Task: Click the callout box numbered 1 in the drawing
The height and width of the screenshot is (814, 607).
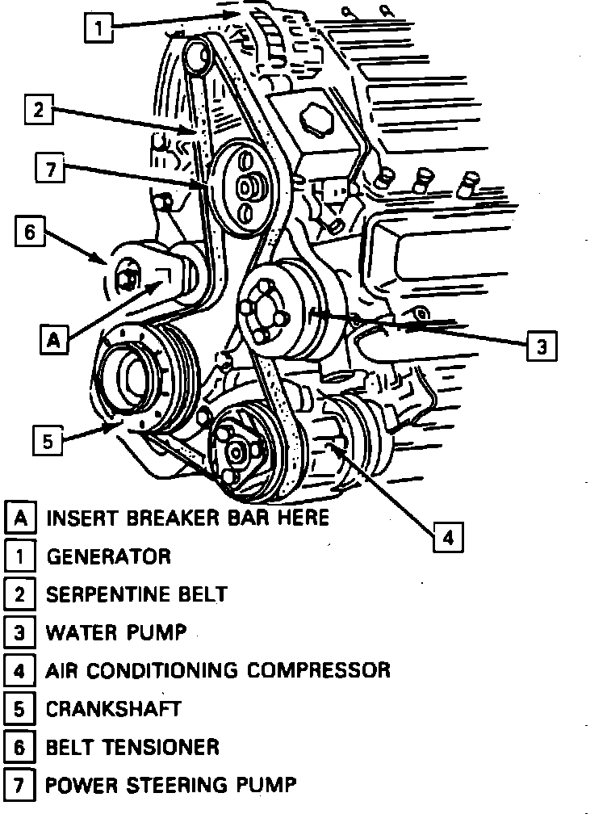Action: pyautogui.click(x=98, y=29)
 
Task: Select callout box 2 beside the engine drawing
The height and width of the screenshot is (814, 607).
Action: pyautogui.click(x=38, y=111)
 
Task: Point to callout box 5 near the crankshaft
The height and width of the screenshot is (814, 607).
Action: pyautogui.click(x=48, y=442)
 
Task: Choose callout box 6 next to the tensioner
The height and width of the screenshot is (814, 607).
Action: pyautogui.click(x=29, y=233)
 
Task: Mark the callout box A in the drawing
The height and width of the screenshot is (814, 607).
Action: pyautogui.click(x=52, y=340)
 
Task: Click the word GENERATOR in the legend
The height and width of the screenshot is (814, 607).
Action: pyautogui.click(x=108, y=556)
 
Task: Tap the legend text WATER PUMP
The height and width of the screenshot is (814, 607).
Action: pyautogui.click(x=115, y=631)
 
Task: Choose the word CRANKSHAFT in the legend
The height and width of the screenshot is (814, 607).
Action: pyautogui.click(x=113, y=708)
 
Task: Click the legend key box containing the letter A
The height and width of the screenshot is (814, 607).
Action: pyautogui.click(x=20, y=518)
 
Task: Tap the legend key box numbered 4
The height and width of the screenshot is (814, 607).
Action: pyautogui.click(x=20, y=670)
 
